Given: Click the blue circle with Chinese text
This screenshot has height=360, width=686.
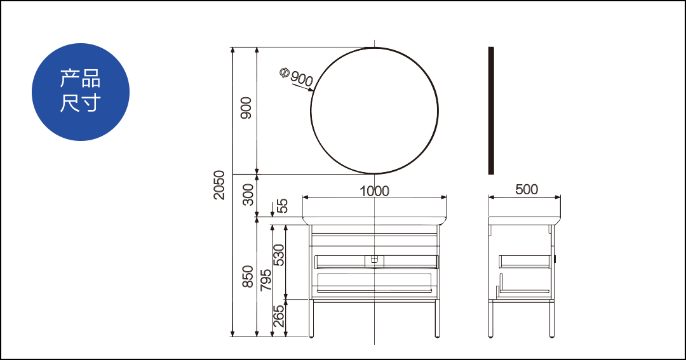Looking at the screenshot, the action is (81, 92).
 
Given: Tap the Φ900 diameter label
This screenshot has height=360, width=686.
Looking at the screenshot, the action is (296, 77).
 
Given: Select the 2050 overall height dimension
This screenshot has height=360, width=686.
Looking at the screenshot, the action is (219, 185).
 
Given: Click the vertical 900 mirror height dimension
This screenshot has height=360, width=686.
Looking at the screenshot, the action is (246, 107).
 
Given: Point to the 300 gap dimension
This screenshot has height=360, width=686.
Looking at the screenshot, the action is (248, 195).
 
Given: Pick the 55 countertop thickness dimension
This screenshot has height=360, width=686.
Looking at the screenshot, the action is (283, 206).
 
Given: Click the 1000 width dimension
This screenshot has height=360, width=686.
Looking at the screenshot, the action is (375, 191).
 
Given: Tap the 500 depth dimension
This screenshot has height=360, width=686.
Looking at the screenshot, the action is (527, 189).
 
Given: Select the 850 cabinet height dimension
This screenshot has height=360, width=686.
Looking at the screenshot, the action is (248, 276).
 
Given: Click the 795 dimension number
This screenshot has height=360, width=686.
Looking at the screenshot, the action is (266, 280).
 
